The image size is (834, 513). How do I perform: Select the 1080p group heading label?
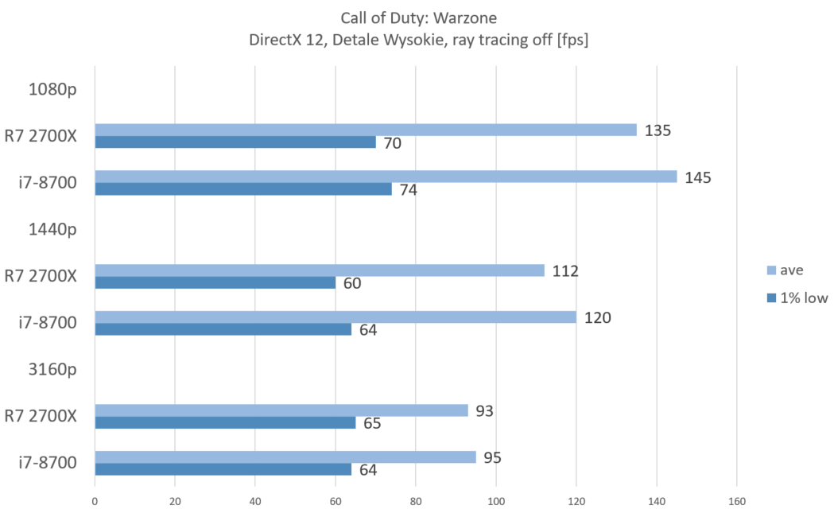(52, 89)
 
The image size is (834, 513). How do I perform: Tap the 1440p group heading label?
(52, 229)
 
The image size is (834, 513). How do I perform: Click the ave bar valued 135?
(365, 130)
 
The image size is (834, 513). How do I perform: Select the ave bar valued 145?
(386, 177)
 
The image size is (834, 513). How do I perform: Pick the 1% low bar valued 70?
(235, 142)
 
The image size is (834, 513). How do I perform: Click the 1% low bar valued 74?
(242, 189)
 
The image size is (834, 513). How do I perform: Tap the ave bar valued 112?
(319, 270)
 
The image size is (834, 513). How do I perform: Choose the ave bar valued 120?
(335, 317)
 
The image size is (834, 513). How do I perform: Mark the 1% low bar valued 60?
(215, 282)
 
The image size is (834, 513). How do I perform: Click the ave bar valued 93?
(281, 410)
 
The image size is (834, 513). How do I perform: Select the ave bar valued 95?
(285, 457)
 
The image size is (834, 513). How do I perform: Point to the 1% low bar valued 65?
(225, 422)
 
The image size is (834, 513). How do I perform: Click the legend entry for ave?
(790, 270)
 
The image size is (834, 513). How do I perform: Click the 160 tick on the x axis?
(736, 501)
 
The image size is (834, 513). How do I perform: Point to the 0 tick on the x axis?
(95, 501)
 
